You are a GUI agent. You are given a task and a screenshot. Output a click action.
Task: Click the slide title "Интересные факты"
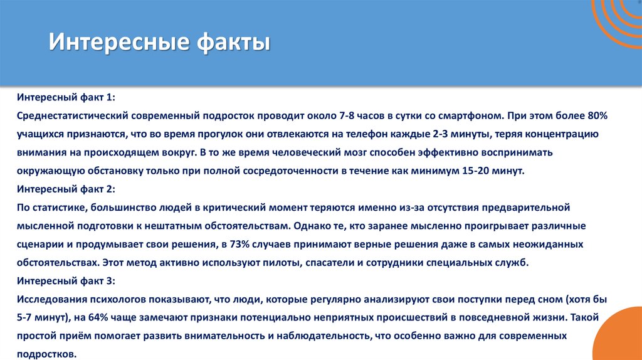[159, 44]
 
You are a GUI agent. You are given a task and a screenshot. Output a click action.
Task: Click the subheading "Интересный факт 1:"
[66, 98]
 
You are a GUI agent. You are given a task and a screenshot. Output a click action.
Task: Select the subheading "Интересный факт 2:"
[66, 189]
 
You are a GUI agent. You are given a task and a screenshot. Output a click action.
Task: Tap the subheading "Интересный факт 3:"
[66, 280]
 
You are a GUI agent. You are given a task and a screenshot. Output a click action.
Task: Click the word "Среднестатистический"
[73, 117]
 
